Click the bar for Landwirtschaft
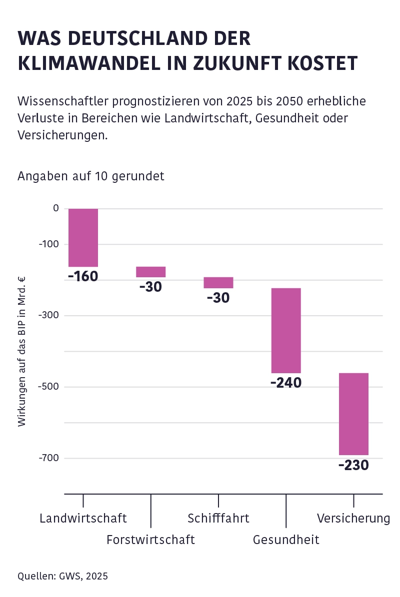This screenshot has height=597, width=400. coord(83,238)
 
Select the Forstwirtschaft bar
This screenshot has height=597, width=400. coord(150,272)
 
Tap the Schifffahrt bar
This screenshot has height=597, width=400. coord(218,283)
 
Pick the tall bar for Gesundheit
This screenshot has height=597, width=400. coord(286,331)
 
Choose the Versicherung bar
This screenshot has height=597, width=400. coord(353,414)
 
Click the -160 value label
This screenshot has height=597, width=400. coord(83,276)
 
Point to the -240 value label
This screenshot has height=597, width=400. coord(286,383)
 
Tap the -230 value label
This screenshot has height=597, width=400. coord(353,466)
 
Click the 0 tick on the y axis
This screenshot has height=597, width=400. coord(55,208)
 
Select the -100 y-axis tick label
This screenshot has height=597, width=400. coord(49,244)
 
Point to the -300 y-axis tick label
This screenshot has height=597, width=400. coord(49,315)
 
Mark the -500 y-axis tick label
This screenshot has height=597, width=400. coord(49,387)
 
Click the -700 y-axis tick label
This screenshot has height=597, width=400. coord(49,458)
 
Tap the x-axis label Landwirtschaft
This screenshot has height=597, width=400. coord(83,518)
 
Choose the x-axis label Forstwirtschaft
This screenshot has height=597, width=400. coord(150,540)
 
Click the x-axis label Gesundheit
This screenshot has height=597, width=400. coord(286,540)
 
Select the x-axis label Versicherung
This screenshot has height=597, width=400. coord(353,518)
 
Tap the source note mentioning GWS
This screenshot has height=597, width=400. coord(62,576)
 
